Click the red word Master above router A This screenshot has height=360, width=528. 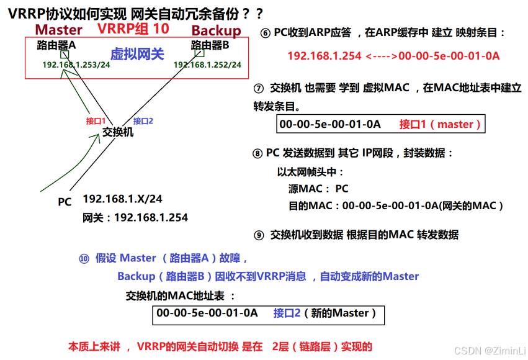click(x=58, y=30)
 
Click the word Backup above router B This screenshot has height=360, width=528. click(x=216, y=30)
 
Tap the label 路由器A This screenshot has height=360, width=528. click(x=56, y=45)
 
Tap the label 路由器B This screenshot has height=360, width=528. click(x=210, y=45)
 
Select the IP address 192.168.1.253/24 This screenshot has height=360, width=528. click(x=76, y=64)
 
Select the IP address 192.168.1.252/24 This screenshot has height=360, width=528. click(x=207, y=64)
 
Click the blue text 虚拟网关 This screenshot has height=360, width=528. click(x=137, y=54)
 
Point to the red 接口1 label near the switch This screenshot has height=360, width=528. click(x=96, y=121)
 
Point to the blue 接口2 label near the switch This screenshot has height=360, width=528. click(x=143, y=121)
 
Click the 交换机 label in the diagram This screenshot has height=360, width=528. click(x=118, y=132)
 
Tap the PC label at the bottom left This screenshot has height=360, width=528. click(x=65, y=202)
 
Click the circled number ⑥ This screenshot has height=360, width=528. click(x=265, y=33)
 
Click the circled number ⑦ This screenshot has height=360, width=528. click(x=259, y=88)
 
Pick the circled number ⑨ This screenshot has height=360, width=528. click(x=259, y=235)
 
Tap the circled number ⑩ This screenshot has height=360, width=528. click(x=84, y=258)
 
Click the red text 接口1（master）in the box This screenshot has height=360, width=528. click(x=441, y=124)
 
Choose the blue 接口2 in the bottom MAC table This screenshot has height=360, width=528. click(x=287, y=313)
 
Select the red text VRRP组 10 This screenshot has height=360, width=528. click(x=133, y=29)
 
